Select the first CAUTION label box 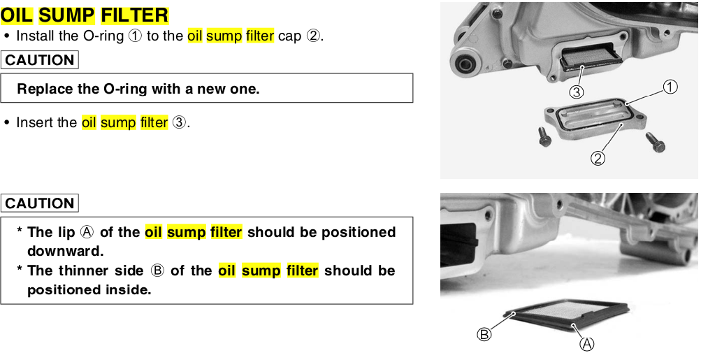(x=40, y=60)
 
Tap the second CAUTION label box (x=40, y=203)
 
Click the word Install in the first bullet (x=36, y=36)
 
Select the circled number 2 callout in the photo (x=598, y=158)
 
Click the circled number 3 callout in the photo (x=576, y=90)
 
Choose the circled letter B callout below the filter (x=484, y=334)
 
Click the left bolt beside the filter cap (x=544, y=138)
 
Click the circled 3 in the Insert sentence (x=179, y=123)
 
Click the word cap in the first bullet (x=289, y=36)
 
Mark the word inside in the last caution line (x=129, y=289)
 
